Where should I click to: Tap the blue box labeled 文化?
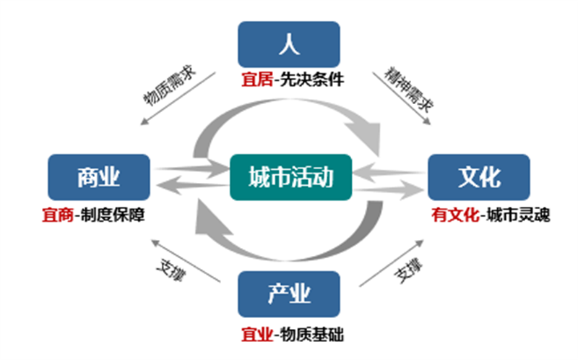[x=479, y=177]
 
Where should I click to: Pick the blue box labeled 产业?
[x=288, y=294]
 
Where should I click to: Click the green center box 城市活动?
[x=290, y=177]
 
